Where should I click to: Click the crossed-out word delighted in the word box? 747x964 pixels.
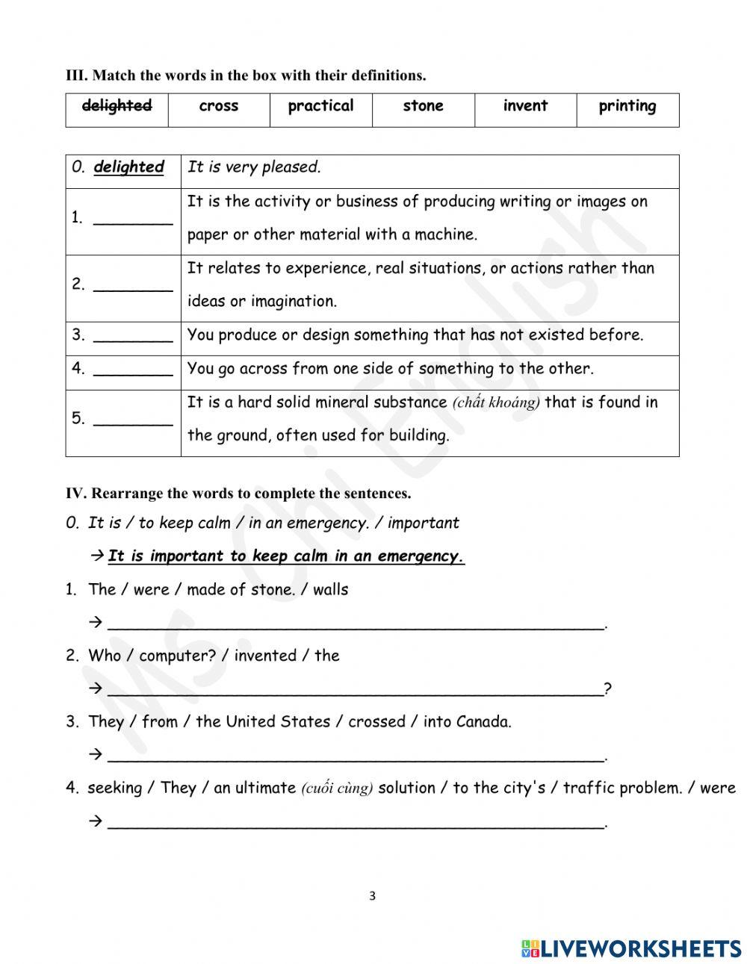tap(117, 106)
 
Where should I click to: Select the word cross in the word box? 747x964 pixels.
tap(219, 106)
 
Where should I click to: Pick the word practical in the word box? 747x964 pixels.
tap(320, 106)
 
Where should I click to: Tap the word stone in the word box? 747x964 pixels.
tap(423, 106)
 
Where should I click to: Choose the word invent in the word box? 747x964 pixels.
tap(525, 106)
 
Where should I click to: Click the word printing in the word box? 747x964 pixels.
tap(627, 106)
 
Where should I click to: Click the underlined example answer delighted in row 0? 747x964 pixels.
tap(128, 167)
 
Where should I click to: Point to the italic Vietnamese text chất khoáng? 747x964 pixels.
tap(496, 403)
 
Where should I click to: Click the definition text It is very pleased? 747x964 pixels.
tap(254, 167)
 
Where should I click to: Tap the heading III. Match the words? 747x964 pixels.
tap(246, 75)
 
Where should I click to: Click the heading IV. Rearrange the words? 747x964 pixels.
tap(238, 494)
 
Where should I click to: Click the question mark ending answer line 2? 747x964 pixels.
tap(608, 689)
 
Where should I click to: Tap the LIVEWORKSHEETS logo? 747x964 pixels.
tap(631, 948)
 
